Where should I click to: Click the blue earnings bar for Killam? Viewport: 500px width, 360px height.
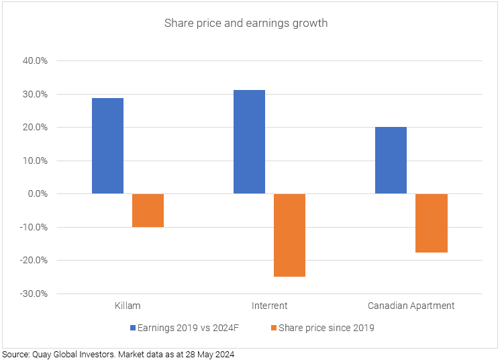tap(107, 146)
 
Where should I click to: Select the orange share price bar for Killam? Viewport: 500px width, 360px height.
tap(148, 210)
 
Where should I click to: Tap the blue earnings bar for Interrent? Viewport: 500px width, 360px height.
tap(249, 142)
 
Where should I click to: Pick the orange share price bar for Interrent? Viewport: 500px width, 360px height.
tap(289, 235)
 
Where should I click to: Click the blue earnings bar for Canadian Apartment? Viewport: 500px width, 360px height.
tap(391, 161)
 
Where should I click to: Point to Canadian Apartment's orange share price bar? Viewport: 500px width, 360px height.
tap(431, 223)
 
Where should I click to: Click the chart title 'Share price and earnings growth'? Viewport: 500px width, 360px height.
tap(246, 24)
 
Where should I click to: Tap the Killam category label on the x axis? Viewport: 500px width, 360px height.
tap(128, 306)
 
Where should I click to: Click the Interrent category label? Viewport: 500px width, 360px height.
tap(269, 306)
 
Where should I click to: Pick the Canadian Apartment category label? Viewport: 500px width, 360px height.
tap(411, 306)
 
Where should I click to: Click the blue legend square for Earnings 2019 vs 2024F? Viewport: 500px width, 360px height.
tap(133, 328)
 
